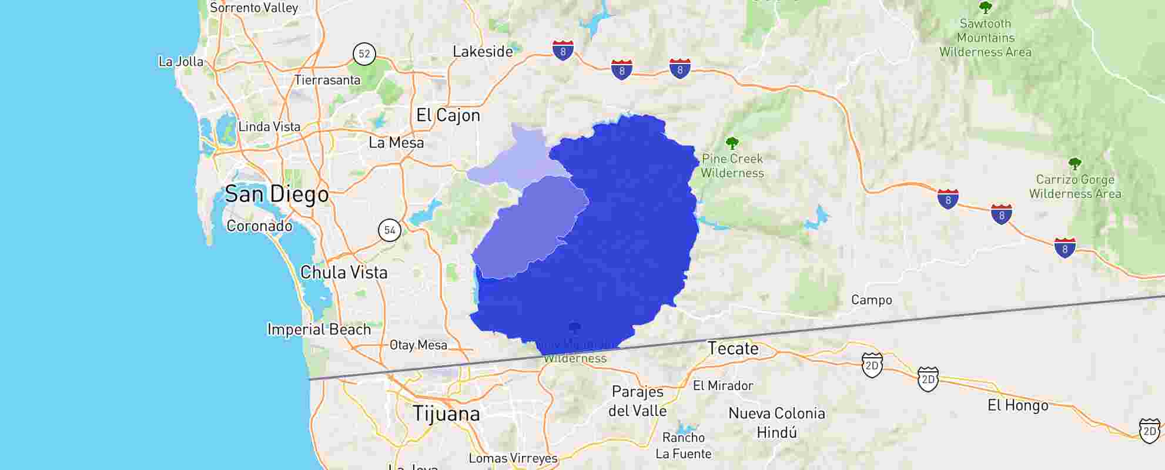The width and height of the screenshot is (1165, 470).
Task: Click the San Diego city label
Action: coord(277,194)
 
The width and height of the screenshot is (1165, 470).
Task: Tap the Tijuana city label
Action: coord(446,414)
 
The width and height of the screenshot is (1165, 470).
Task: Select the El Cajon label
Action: coord(448,115)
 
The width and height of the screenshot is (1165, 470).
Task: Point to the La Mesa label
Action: coord(396,143)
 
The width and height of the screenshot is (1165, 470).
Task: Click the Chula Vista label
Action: coord(344,273)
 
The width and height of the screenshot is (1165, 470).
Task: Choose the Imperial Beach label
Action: coord(319,330)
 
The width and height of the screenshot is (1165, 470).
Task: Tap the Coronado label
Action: coord(259,226)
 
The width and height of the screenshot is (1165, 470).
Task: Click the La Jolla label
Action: coord(181,62)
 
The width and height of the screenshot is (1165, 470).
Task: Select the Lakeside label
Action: coord(483,52)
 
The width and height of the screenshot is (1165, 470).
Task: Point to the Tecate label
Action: coord(733,348)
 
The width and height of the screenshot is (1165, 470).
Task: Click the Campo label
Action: coord(871,300)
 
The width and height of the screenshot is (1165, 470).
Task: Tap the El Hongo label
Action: coord(1017,405)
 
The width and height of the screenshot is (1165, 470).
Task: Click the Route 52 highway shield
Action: coord(364,54)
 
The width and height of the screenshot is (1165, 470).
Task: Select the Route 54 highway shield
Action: coord(390,230)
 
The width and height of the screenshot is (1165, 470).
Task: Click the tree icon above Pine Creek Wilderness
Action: coord(732,143)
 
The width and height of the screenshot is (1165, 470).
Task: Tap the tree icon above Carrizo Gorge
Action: coord(1074,163)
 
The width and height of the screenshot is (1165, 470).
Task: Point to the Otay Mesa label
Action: coord(419,345)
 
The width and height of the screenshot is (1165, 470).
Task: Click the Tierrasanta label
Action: coord(327,80)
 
